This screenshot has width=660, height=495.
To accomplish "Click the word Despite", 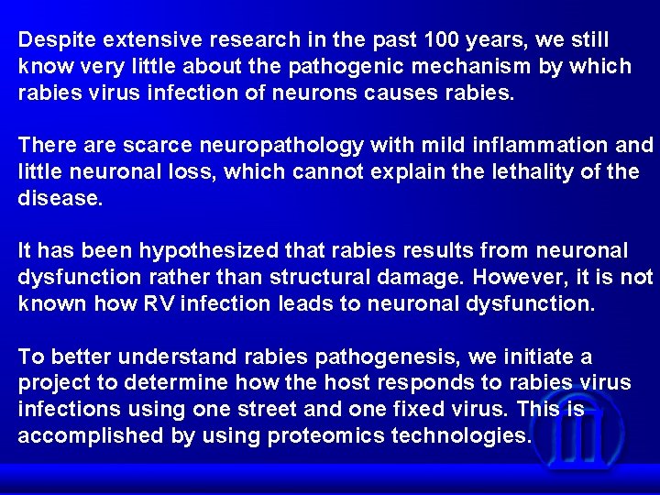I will [58, 40].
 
